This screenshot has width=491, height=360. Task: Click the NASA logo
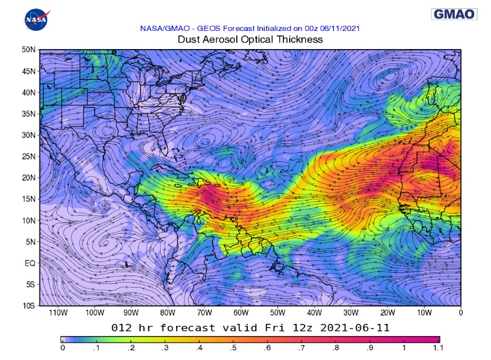36,19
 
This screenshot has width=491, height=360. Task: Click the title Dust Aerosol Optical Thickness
250,39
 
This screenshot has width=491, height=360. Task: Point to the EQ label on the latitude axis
30,263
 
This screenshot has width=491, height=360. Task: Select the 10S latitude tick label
28,305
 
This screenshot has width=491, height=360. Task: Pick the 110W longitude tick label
57,313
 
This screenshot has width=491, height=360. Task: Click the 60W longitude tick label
241,313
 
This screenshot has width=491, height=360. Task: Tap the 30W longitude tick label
350,313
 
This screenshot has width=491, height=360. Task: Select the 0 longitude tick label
460,313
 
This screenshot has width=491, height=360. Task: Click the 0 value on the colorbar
62,348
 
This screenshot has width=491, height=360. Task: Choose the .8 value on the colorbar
336,348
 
